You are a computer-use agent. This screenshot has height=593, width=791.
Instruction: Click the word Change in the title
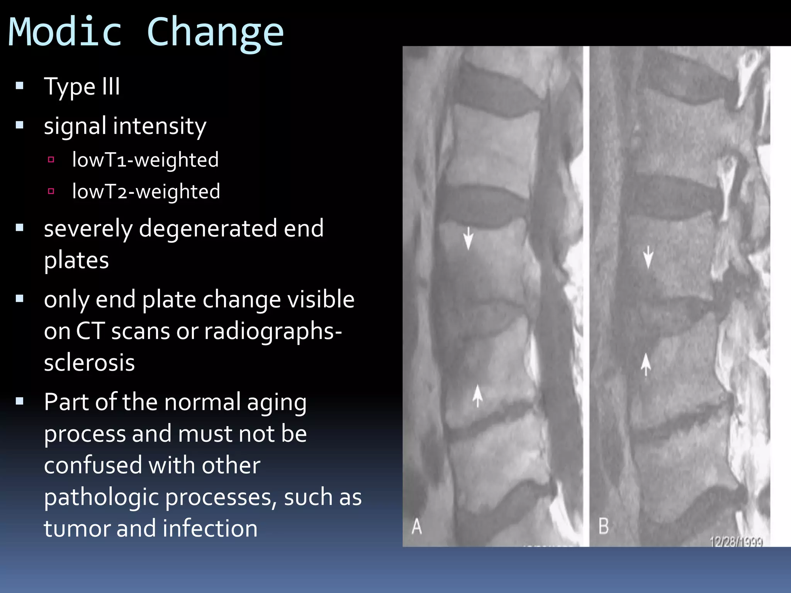click(215, 34)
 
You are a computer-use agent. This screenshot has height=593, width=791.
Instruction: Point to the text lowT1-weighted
click(145, 160)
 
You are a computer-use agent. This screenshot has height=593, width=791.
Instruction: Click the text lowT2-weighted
click(146, 191)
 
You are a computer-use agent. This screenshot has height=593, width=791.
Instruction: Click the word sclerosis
click(89, 363)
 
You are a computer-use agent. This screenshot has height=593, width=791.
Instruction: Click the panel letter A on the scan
click(416, 526)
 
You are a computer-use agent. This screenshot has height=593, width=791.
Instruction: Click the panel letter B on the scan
click(603, 526)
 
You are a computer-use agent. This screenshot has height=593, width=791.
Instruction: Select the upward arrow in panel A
click(478, 396)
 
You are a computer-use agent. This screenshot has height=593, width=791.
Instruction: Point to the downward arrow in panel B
click(648, 257)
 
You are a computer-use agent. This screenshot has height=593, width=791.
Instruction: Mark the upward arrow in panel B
click(646, 364)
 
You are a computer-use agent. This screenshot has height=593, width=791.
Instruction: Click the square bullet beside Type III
click(20, 85)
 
